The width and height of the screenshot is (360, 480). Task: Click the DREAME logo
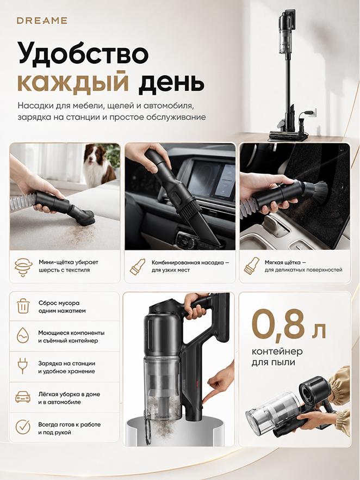click(x=42, y=21)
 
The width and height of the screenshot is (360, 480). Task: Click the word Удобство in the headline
click(x=83, y=53)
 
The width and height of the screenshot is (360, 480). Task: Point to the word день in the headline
click(x=171, y=82)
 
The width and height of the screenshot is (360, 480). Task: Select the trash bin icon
click(x=23, y=306)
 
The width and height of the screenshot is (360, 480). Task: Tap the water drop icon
click(x=23, y=335)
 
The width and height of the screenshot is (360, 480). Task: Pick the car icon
click(x=23, y=397)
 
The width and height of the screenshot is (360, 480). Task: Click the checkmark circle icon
click(x=23, y=427)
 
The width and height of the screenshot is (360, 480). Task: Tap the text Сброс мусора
click(x=59, y=303)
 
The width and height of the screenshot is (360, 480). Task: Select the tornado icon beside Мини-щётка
click(x=23, y=267)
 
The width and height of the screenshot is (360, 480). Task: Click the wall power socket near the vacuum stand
click(x=312, y=113)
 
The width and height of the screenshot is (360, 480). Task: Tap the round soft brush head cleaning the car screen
click(x=318, y=194)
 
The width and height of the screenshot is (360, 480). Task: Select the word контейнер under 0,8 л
click(x=277, y=352)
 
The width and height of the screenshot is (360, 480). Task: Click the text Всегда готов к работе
click(x=70, y=424)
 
